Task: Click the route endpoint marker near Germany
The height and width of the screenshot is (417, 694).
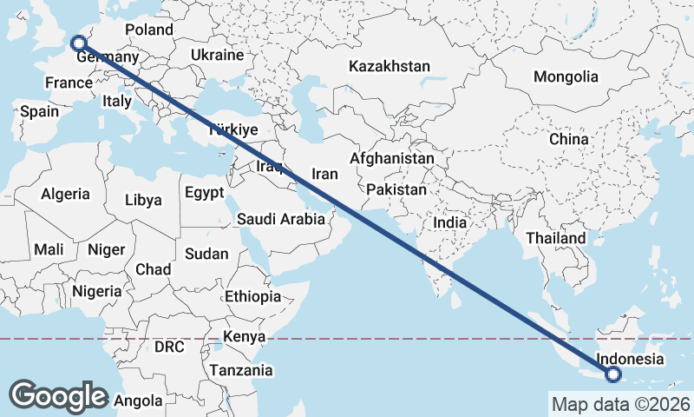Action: pos(78,43)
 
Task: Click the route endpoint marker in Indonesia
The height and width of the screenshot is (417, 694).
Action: pos(614,375)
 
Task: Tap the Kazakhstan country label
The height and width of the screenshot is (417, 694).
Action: pos(390,67)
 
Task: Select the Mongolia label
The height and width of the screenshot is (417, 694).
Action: pos(566,76)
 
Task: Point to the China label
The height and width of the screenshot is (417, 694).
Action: pos(568,139)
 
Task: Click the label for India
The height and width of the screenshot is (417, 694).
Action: pos(449,222)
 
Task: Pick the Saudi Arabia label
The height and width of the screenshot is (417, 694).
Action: pos(281,220)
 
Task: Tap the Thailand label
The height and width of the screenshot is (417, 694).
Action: pos(555,238)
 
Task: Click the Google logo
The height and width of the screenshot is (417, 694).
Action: pos(58,395)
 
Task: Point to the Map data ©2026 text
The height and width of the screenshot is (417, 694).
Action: pos(620,404)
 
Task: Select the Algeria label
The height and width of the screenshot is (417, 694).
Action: pos(66,194)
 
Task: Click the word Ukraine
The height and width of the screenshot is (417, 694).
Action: pos(218,55)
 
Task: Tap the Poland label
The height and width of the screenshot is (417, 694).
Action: pos(149,30)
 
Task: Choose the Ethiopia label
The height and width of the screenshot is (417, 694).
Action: pos(252,296)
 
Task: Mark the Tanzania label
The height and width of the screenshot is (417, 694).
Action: pos(240,370)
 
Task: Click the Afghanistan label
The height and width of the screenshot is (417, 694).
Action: pos(392,159)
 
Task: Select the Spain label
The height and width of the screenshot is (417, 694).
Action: pos(40,111)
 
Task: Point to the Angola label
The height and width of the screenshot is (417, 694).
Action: pos(139,401)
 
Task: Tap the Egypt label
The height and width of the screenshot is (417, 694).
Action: pos(205,192)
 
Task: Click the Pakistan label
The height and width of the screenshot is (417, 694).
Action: pos(396,189)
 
